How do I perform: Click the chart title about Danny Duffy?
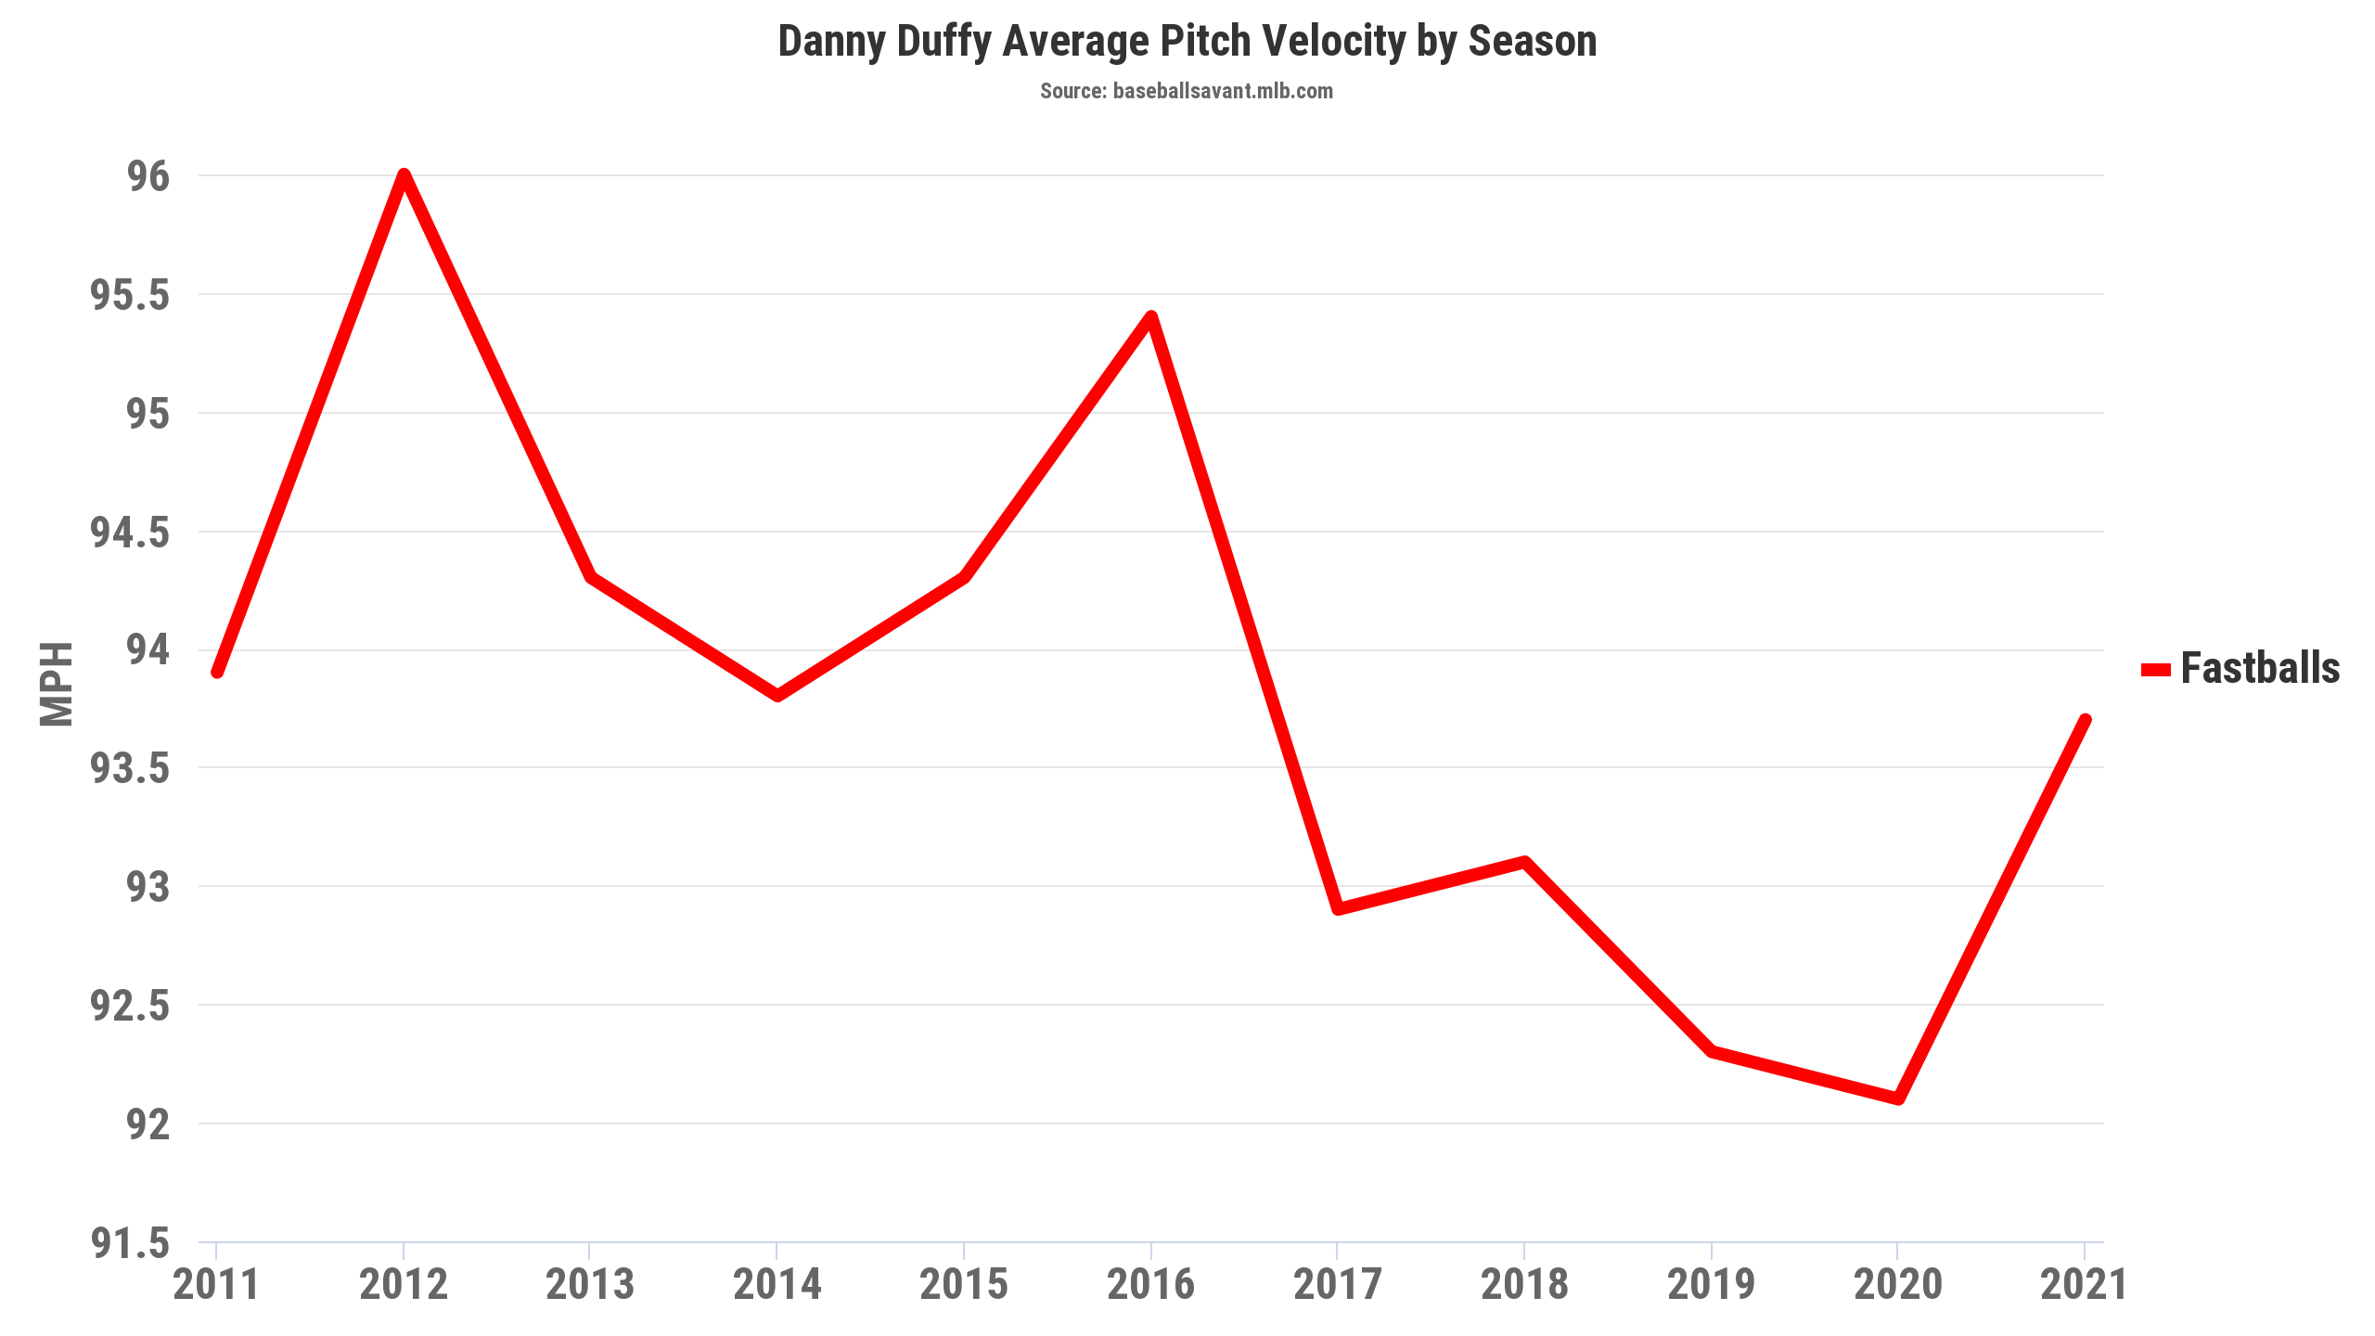point(1187,42)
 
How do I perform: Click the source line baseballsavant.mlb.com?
point(1187,91)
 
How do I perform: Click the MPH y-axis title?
point(57,684)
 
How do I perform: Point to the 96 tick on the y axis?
point(149,176)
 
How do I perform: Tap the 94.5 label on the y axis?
point(130,533)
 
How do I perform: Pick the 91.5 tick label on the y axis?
point(130,1243)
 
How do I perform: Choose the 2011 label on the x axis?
point(216,1285)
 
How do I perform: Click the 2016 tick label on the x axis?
point(1150,1285)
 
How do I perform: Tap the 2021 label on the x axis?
point(2084,1285)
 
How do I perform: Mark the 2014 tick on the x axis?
point(777,1285)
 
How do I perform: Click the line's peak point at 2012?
point(404,175)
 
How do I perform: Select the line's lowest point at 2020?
point(1898,1099)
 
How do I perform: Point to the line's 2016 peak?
point(1150,317)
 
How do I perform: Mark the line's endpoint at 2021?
point(2085,720)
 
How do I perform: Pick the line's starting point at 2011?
point(217,672)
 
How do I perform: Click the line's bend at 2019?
point(1712,1051)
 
